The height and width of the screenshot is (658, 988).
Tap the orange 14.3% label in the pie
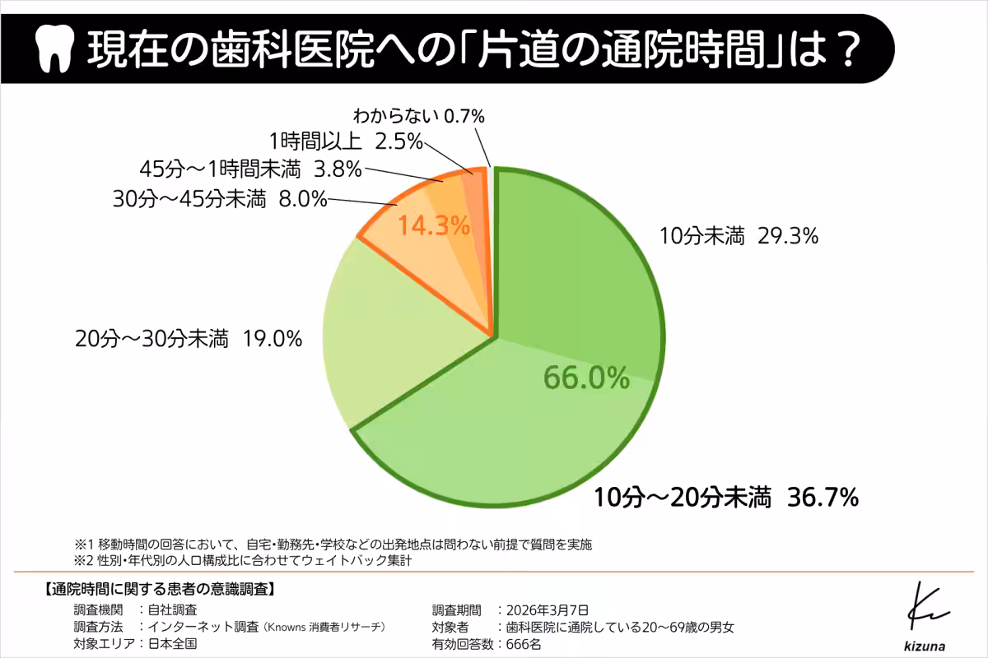click(434, 225)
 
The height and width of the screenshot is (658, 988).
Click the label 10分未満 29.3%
click(738, 238)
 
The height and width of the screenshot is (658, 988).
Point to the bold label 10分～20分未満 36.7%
click(727, 497)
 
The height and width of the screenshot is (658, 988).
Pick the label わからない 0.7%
click(418, 115)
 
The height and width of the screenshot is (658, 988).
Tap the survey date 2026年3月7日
click(548, 609)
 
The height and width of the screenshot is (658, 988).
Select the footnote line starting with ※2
click(243, 561)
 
